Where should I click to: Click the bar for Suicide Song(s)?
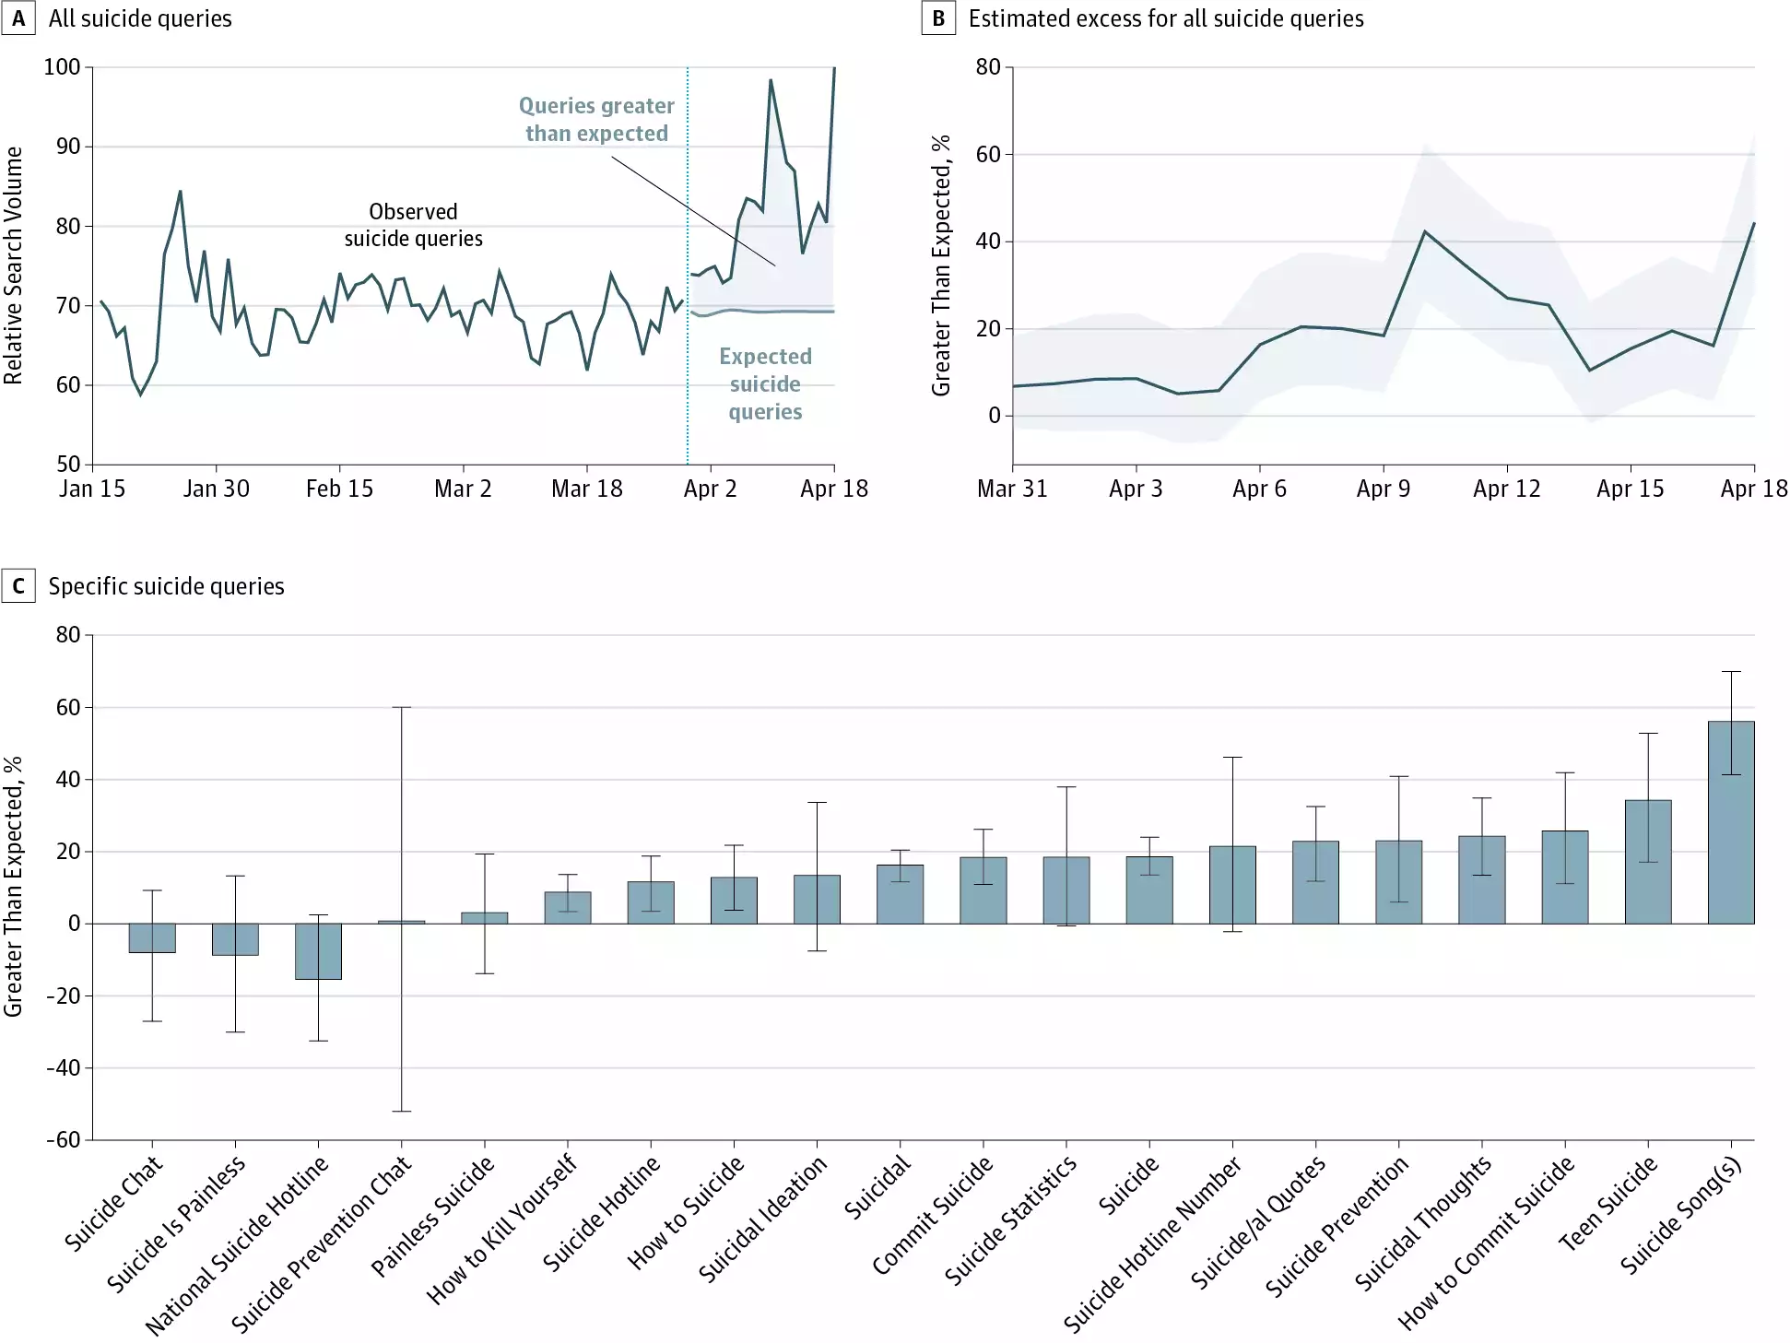coord(1730,822)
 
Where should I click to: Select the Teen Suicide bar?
coord(1647,862)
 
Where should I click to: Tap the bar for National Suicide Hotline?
coord(318,950)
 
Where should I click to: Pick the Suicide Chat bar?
coord(152,937)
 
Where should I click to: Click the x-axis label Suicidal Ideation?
coord(762,1219)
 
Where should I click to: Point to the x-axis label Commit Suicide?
coord(932,1214)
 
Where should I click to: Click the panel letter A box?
coord(18,18)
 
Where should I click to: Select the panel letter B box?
coord(938,18)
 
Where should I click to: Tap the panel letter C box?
coord(18,586)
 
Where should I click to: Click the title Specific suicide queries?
coord(166,586)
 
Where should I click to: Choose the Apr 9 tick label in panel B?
coord(1383,489)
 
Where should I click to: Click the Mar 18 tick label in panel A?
coord(586,489)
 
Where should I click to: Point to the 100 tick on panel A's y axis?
coord(62,67)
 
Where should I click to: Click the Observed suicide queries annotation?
coord(413,225)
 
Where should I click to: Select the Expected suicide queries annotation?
coord(765,383)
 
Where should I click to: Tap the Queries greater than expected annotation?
coord(596,120)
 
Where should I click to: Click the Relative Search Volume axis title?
coord(14,265)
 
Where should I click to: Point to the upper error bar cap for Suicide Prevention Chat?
coord(401,707)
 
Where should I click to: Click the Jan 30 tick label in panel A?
coord(216,489)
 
